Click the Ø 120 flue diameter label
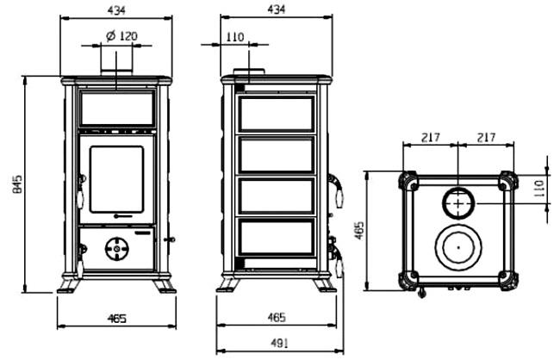pos(121,35)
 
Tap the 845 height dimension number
pos(17,184)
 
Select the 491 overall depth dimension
pos(279,344)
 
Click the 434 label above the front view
pos(116,10)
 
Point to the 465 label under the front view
pos(117,318)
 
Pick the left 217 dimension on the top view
pos(431,137)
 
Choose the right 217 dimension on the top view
pos(486,137)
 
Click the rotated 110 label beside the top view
pos(538,189)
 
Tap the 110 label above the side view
pos(235,36)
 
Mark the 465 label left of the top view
pos(359,230)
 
